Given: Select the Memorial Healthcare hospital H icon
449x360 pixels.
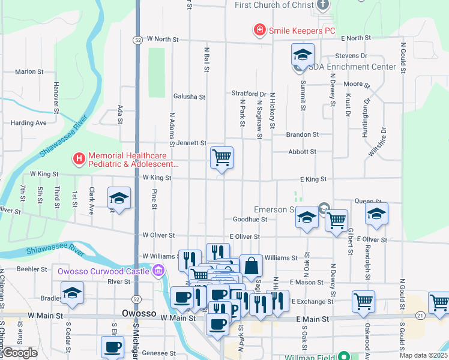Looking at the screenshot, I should [x=78, y=159].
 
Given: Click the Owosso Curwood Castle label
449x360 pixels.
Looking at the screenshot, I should [x=105, y=271].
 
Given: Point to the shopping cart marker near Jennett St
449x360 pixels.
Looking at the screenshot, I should [x=221, y=158].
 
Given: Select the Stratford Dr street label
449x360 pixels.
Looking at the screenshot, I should [x=249, y=94].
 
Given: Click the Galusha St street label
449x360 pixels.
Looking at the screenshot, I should [x=189, y=96].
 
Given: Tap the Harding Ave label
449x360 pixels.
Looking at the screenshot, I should [x=28, y=123].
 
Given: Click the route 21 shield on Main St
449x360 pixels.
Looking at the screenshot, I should [x=420, y=314].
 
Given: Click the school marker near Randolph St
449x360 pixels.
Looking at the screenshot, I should [x=376, y=214].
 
